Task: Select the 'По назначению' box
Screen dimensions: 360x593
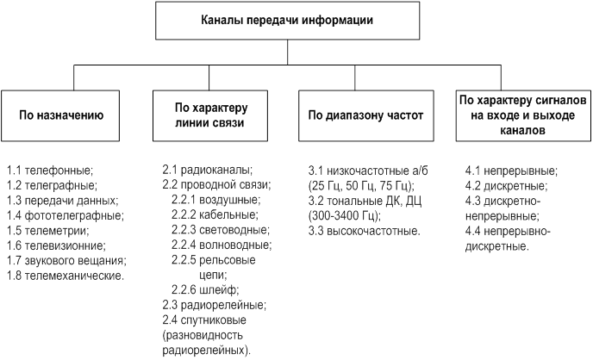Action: [61, 114]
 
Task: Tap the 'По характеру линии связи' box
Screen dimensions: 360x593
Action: [210, 114]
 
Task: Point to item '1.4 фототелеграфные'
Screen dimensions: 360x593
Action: [57, 214]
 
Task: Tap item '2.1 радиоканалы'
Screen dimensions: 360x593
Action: [208, 171]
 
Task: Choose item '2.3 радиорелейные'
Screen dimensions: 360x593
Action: [215, 305]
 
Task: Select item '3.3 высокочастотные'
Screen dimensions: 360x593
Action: [365, 231]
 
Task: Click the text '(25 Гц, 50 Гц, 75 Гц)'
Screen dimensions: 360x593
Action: [361, 185]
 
